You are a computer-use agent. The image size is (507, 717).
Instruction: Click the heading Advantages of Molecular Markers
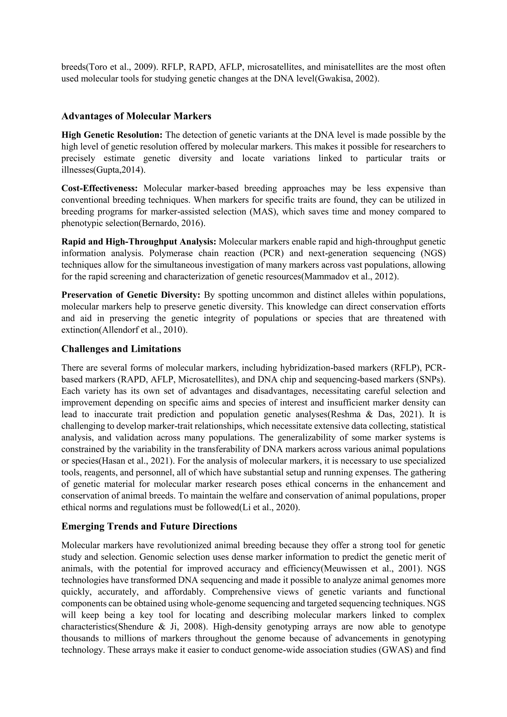[136, 116]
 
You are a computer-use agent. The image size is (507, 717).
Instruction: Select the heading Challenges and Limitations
[121, 349]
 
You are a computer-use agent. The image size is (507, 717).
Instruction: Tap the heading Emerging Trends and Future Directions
[149, 527]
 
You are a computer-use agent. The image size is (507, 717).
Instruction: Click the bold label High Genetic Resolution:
[112, 135]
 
